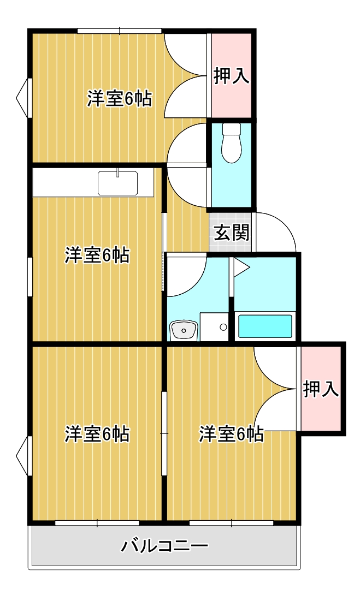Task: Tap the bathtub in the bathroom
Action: pyautogui.click(x=265, y=326)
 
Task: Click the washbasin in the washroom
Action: pyautogui.click(x=183, y=330)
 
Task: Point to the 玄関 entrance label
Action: pyautogui.click(x=231, y=233)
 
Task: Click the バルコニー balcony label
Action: pyautogui.click(x=164, y=545)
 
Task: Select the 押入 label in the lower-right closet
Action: pyautogui.click(x=321, y=389)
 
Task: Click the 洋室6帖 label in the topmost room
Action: pyautogui.click(x=119, y=99)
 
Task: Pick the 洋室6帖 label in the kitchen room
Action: pyautogui.click(x=97, y=255)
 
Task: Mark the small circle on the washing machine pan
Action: pyautogui.click(x=223, y=327)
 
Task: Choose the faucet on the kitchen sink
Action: pyautogui.click(x=117, y=174)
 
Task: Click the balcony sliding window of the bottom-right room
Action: pyautogui.click(x=231, y=523)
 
